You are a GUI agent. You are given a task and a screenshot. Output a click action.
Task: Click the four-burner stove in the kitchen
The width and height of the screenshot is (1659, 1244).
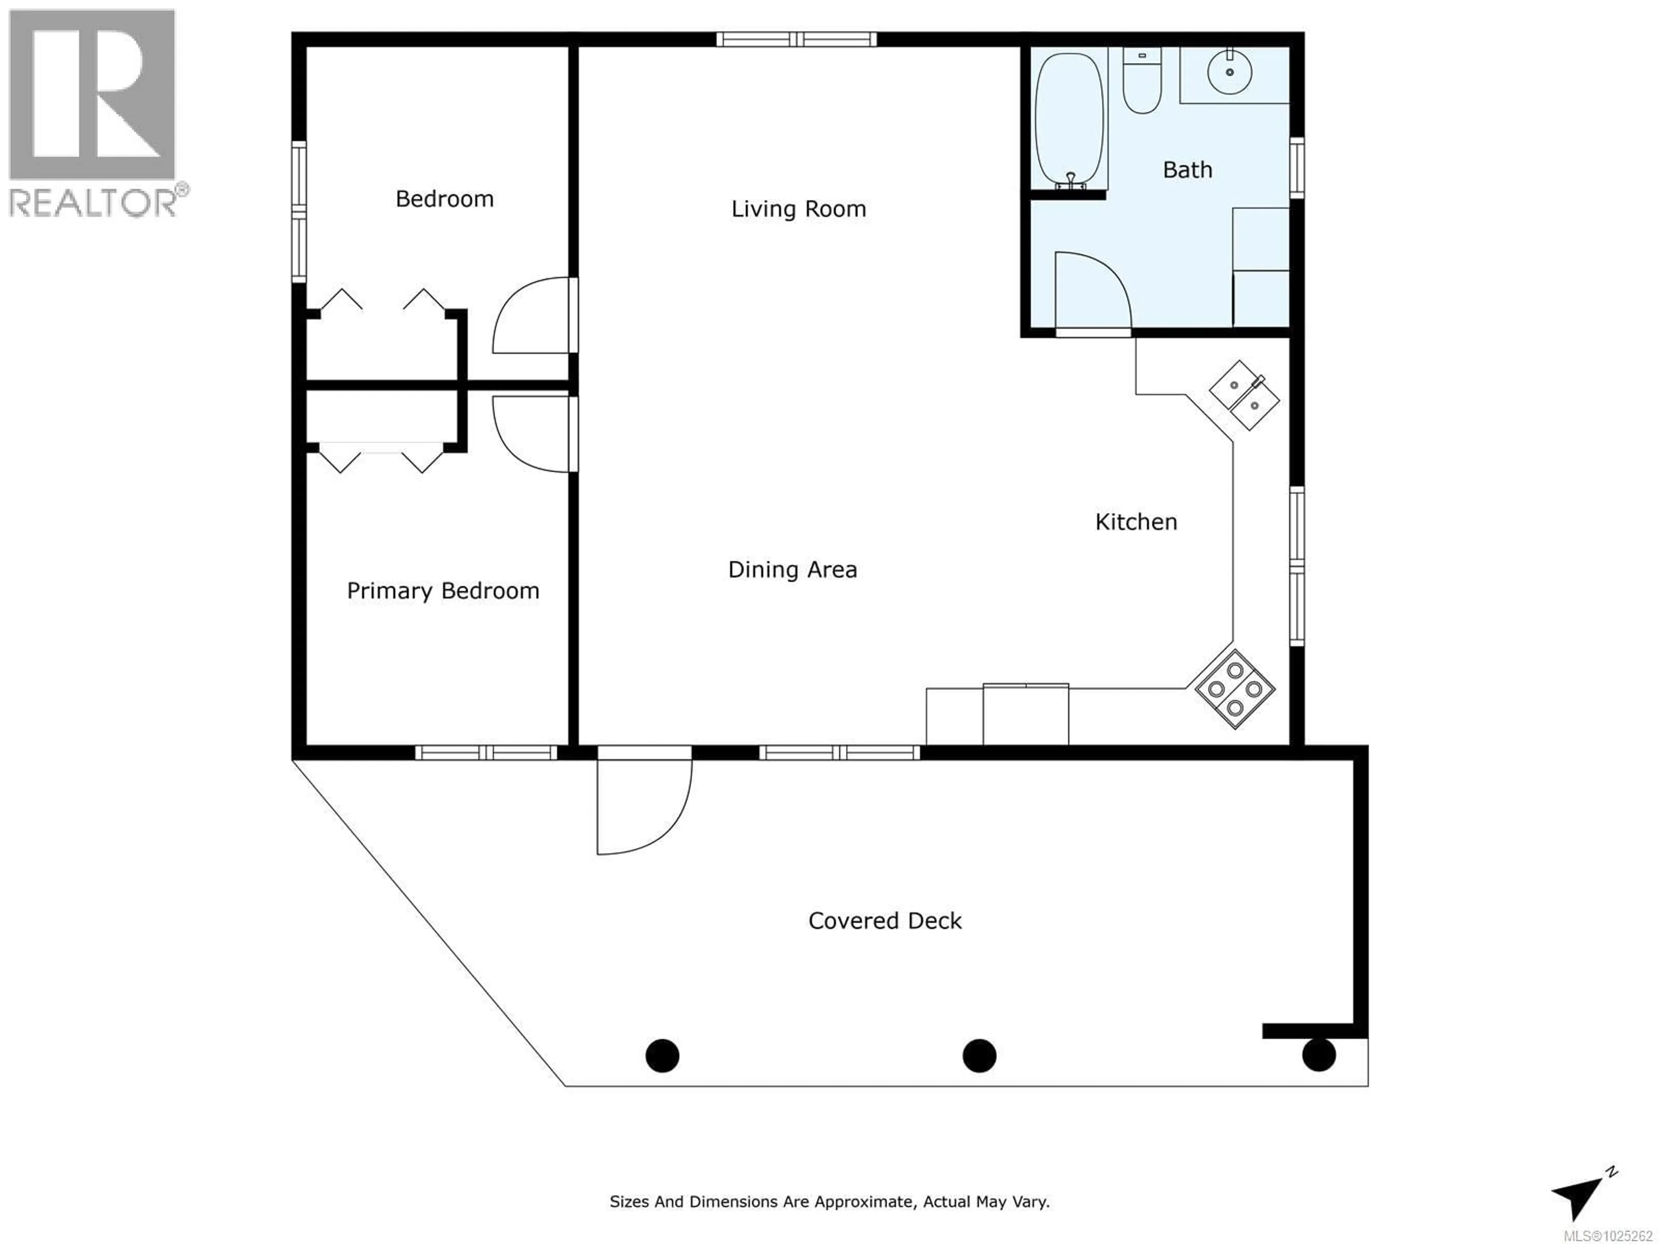point(1234,689)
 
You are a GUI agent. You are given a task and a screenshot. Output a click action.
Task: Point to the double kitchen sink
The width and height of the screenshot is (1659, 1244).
point(1244,395)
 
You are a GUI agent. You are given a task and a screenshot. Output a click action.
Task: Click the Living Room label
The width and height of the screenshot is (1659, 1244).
point(799,209)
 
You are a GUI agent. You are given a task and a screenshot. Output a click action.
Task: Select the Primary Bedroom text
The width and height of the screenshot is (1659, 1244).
point(442,591)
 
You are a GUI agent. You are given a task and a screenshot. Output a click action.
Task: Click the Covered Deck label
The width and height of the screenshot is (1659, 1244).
point(885,921)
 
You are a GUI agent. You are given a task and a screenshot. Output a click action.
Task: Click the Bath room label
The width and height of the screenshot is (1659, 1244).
point(1187,170)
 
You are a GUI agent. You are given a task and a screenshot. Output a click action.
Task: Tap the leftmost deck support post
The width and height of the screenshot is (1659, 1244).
point(662,1056)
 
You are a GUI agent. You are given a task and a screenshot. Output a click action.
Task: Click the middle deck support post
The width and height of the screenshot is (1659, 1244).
point(979,1056)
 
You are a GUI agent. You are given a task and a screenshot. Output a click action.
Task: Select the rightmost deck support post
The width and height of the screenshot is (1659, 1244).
point(1319,1055)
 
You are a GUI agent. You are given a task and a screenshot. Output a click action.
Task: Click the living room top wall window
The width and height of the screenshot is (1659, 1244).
point(797,39)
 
